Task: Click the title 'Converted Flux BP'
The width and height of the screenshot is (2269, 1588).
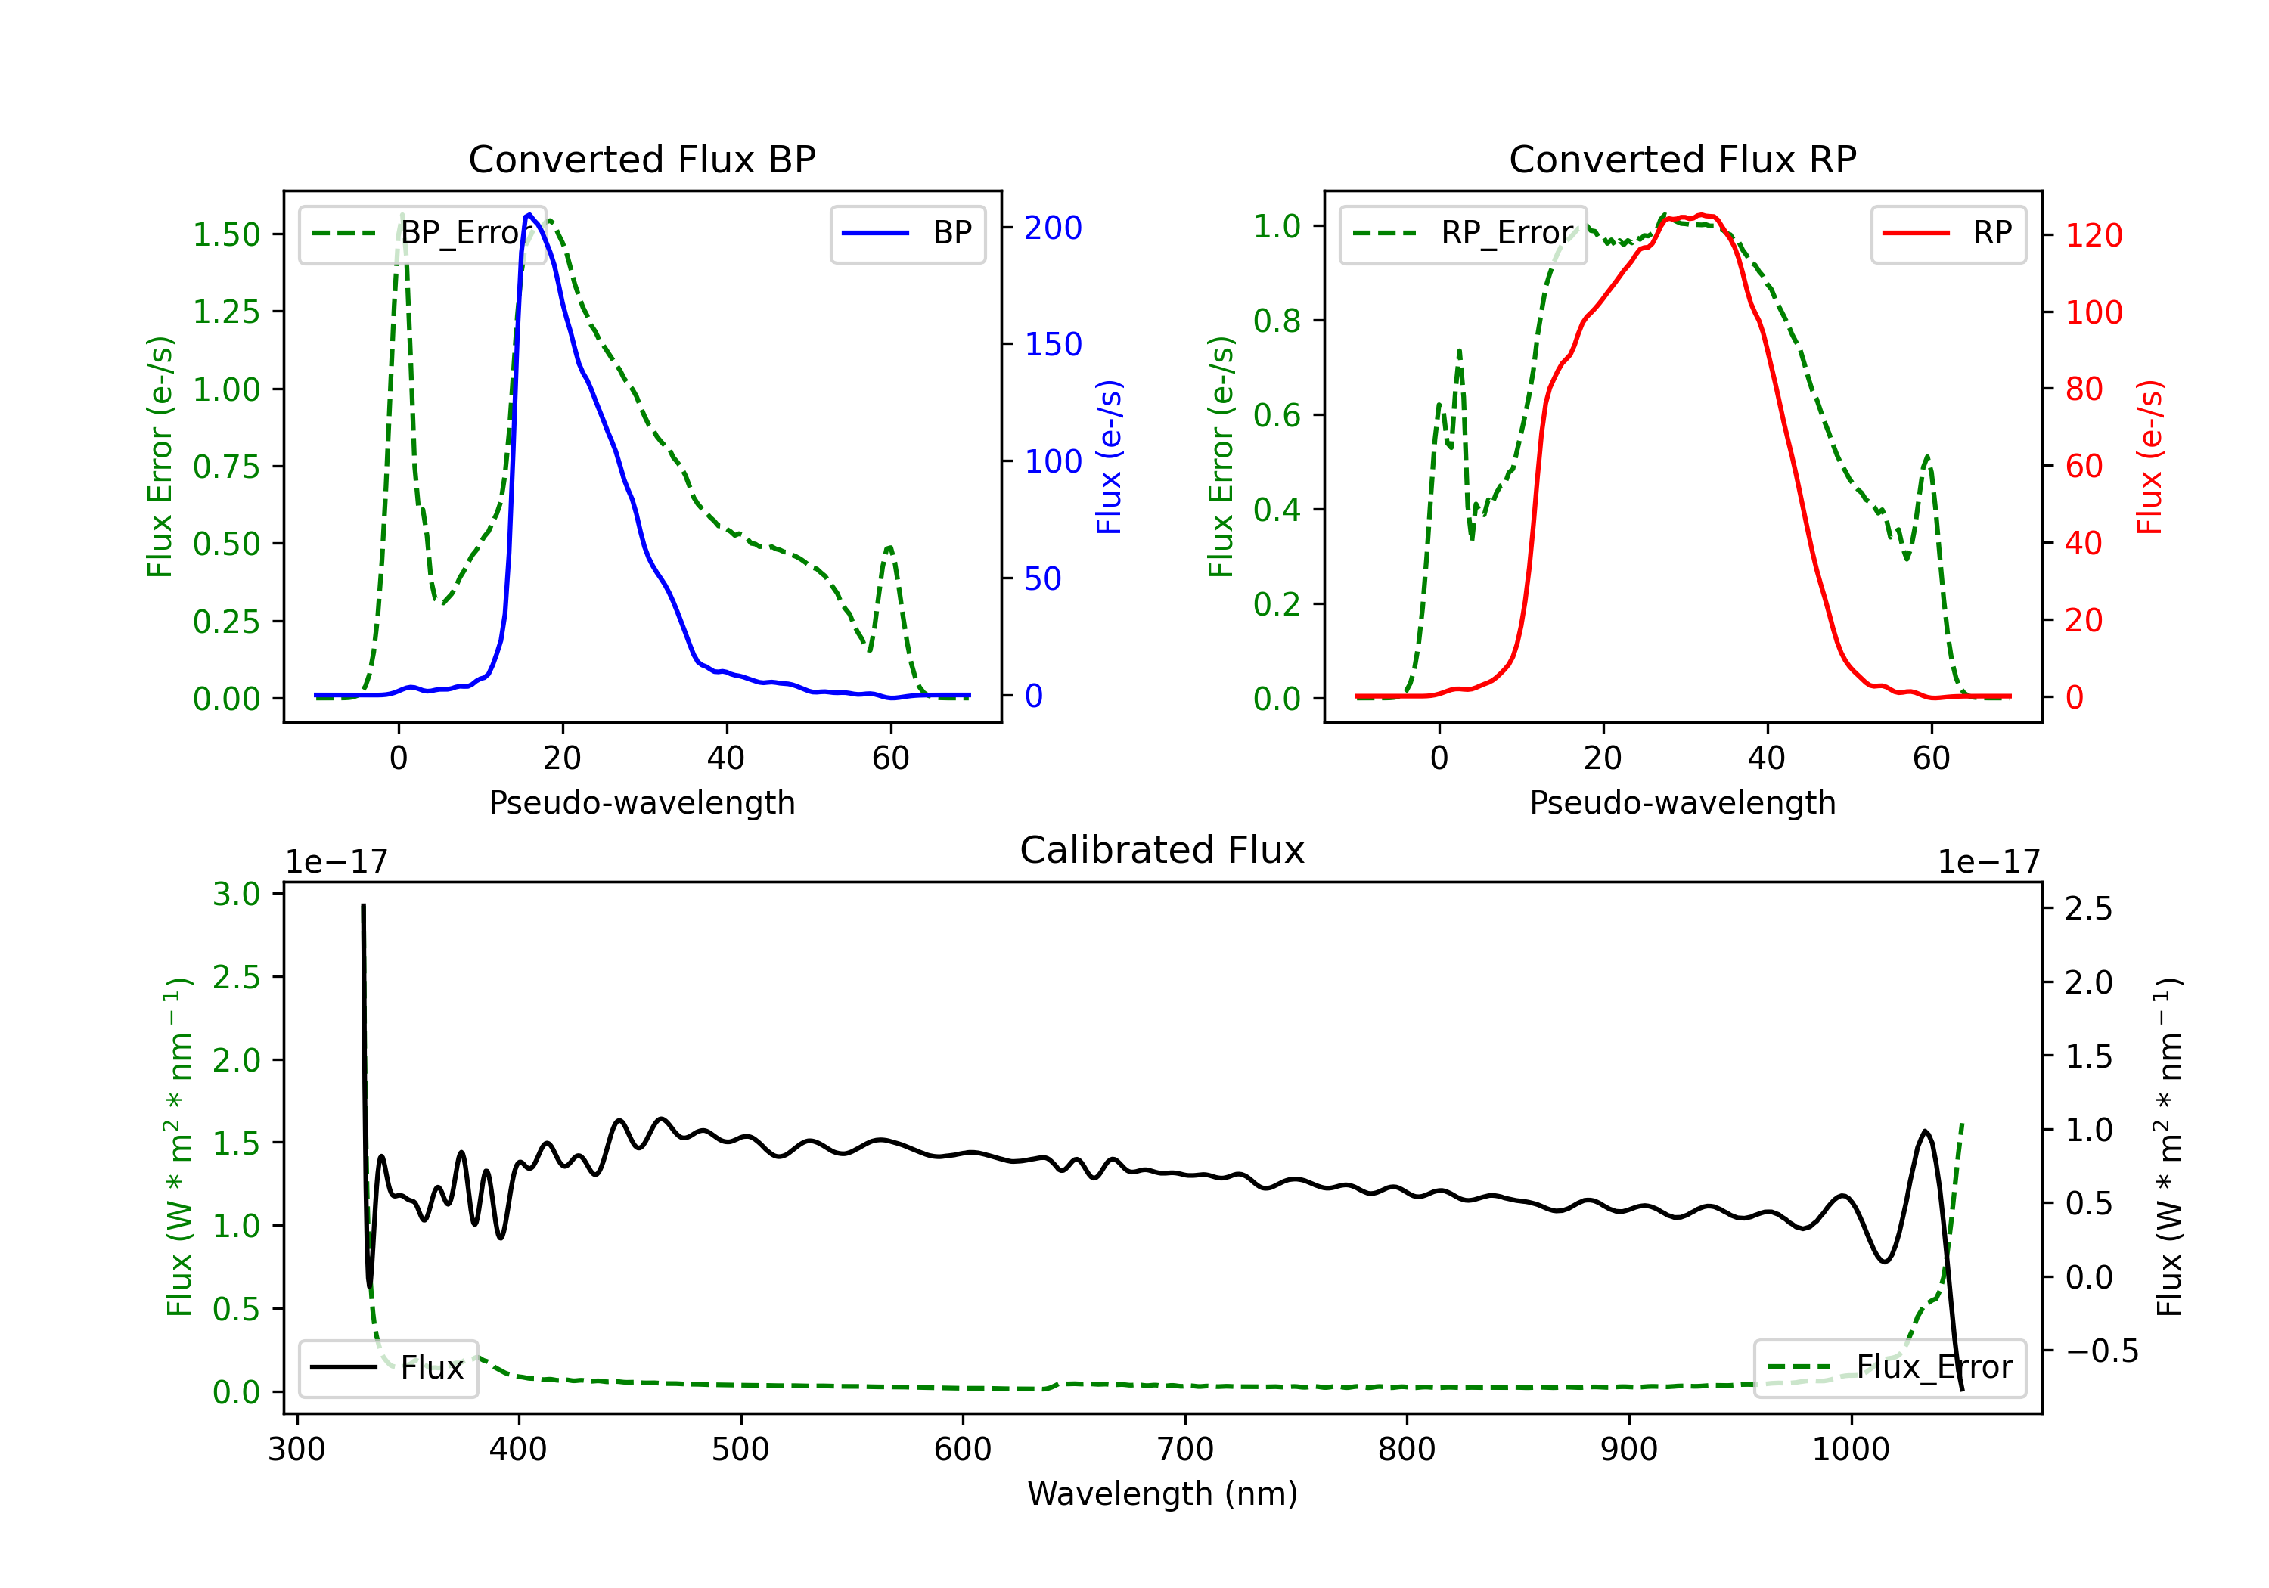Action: pyautogui.click(x=641, y=159)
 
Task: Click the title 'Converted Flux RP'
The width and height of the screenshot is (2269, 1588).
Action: pyautogui.click(x=1682, y=159)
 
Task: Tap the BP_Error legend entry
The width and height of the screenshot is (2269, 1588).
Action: pyautogui.click(x=422, y=233)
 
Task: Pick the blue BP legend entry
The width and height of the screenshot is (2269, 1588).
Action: pyautogui.click(x=907, y=233)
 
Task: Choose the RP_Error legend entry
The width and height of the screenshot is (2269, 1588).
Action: pyautogui.click(x=1463, y=233)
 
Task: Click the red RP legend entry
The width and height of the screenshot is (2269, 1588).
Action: pyautogui.click(x=1948, y=233)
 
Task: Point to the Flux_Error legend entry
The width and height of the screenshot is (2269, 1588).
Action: pyautogui.click(x=1889, y=1368)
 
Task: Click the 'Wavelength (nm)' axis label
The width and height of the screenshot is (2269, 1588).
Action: pyautogui.click(x=1162, y=1493)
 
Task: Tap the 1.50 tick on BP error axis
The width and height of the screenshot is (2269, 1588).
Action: pyautogui.click(x=226, y=235)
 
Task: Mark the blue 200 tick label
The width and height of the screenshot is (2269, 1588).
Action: pyautogui.click(x=1053, y=228)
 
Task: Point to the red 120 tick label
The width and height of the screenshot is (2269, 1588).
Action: pyautogui.click(x=2093, y=235)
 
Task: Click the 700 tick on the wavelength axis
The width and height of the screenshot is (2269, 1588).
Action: pyautogui.click(x=1185, y=1450)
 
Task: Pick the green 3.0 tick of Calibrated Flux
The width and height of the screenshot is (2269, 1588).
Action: pyautogui.click(x=236, y=895)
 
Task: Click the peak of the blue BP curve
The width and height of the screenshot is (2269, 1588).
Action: pyautogui.click(x=529, y=215)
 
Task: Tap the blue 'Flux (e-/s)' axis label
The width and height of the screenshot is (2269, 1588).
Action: pyautogui.click(x=1109, y=457)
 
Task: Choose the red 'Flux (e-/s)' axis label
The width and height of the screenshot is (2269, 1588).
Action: pyautogui.click(x=2149, y=457)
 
